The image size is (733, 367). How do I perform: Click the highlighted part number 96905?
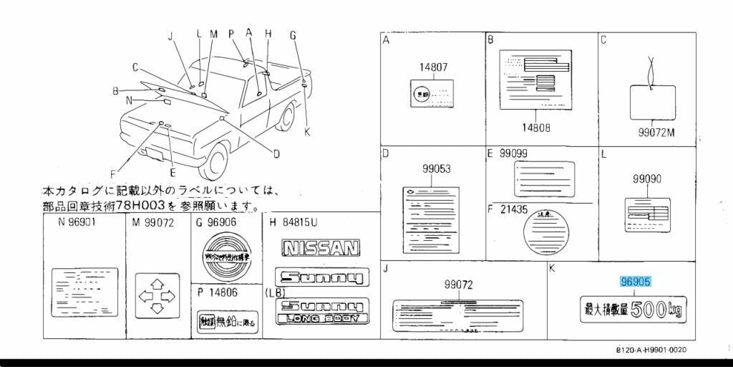tap(635, 282)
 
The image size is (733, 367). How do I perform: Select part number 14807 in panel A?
tap(433, 67)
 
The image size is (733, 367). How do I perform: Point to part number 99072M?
tap(656, 133)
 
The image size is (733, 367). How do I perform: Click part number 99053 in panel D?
tap(436, 169)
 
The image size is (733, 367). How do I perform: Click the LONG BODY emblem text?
tap(321, 318)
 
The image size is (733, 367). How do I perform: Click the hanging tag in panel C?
tap(652, 104)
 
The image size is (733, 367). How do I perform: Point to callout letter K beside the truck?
tap(307, 131)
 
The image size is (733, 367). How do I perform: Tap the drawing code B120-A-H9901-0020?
tap(651, 349)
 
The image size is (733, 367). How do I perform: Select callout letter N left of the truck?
tap(128, 100)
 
